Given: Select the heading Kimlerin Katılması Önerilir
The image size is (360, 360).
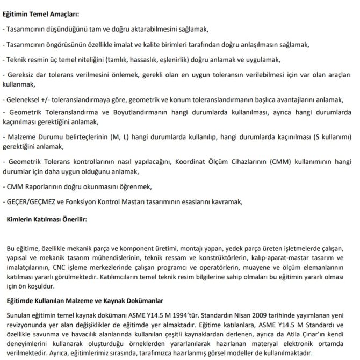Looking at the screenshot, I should pyautogui.click(x=47, y=219).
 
